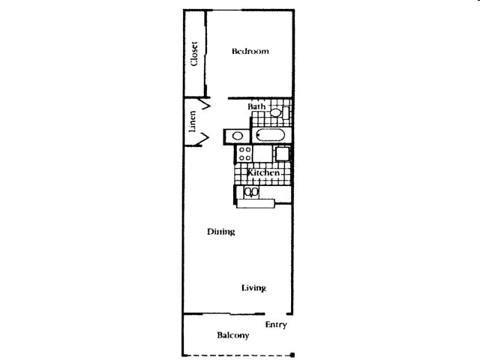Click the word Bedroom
pos(250,52)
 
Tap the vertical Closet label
pos(194,54)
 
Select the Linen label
pos(192,121)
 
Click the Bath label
pos(256,107)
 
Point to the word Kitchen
pos(263,173)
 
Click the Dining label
pos(221,232)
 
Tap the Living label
pos(253,288)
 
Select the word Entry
pos(276,325)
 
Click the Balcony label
pos(232,335)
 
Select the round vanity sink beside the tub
pos(237,136)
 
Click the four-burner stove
pos(244,154)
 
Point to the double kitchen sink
pos(251,192)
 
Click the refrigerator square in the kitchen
pos(283,154)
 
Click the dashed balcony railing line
pos(236,355)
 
